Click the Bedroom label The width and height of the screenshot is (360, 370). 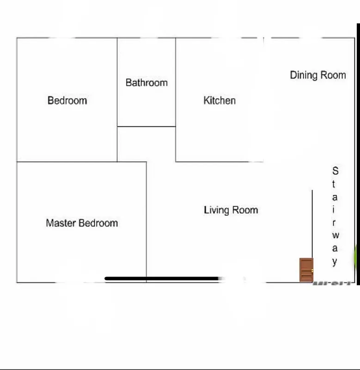click(67, 100)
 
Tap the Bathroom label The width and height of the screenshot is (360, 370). click(146, 83)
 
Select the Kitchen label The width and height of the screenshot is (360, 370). click(220, 100)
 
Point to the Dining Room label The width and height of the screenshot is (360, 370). click(318, 75)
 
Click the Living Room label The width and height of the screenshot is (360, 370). click(231, 210)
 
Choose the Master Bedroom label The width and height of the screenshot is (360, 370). click(82, 223)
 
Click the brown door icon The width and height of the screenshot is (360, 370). click(306, 270)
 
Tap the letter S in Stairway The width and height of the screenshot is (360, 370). click(335, 171)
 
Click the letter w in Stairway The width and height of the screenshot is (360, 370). click(335, 235)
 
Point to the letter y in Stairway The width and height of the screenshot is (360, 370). click(335, 262)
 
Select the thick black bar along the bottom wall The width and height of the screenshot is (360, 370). click(162, 278)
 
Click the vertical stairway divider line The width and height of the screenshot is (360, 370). click(312, 222)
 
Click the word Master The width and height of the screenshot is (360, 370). click(61, 223)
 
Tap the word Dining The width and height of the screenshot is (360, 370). click(304, 75)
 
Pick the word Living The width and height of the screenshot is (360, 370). click(216, 210)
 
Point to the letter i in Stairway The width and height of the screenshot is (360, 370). click(335, 209)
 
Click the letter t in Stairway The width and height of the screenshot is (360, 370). click(335, 184)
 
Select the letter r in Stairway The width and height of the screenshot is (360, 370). click(335, 222)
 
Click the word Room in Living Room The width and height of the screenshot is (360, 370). click(245, 210)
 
